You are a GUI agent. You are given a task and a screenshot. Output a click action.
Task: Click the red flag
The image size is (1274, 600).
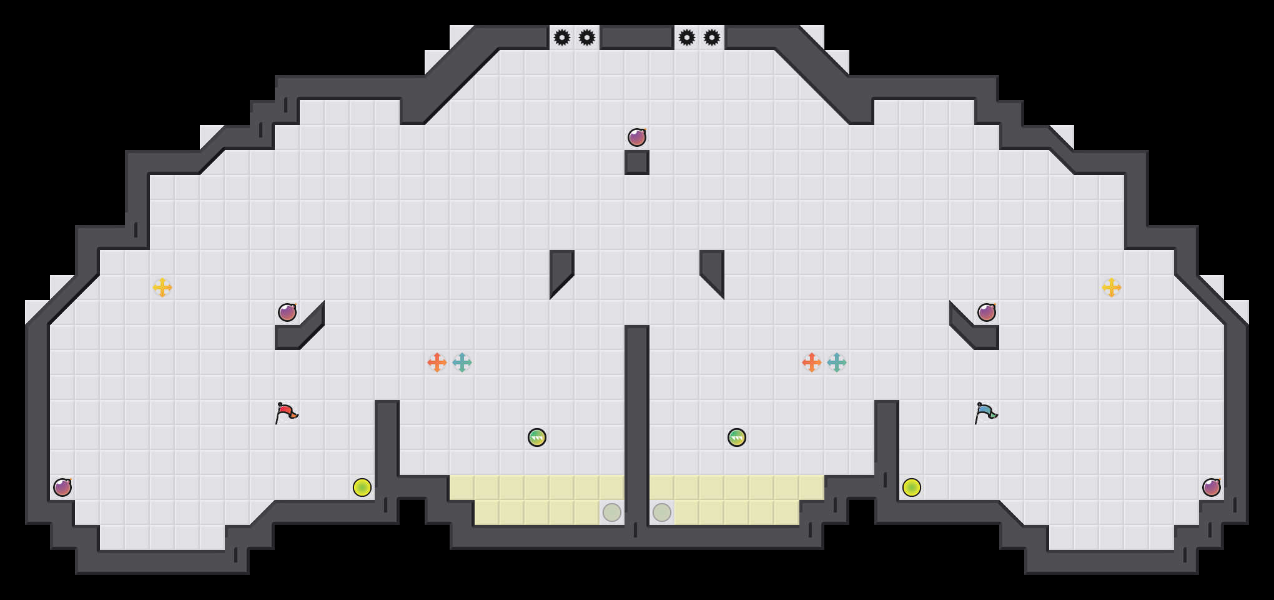(x=287, y=413)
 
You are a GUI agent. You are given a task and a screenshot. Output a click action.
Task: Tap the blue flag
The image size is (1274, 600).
(x=986, y=413)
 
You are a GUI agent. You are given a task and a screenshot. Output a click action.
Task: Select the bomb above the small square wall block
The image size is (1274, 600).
(x=637, y=137)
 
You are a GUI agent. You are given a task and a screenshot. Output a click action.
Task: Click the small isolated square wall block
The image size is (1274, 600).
(x=637, y=162)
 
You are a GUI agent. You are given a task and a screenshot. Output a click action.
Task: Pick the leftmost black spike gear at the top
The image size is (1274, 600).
(x=562, y=37)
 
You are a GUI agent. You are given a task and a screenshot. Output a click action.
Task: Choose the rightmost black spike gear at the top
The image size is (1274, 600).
(x=712, y=37)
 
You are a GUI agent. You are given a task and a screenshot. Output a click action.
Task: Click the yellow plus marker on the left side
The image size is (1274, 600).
(x=162, y=287)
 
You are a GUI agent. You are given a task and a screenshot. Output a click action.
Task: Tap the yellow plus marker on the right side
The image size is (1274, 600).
(x=1112, y=287)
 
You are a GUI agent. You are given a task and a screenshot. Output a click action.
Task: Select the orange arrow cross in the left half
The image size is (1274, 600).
(x=437, y=362)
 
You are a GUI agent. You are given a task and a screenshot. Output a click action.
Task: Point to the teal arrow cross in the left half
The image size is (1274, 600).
(x=462, y=362)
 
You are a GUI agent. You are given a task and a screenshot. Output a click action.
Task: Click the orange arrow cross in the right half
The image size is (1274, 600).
(x=812, y=362)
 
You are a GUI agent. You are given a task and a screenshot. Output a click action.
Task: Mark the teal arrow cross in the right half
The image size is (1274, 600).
(x=837, y=362)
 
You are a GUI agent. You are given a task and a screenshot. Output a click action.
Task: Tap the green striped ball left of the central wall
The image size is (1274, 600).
(x=537, y=437)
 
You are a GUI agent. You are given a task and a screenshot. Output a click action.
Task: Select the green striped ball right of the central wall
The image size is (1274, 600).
(x=737, y=437)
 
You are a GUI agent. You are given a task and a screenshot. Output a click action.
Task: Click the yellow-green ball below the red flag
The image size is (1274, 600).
(x=362, y=487)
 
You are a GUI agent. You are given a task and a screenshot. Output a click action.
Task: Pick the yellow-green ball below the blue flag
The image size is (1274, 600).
(x=912, y=487)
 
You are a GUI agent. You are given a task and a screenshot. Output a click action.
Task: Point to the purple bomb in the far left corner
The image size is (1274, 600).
(x=62, y=487)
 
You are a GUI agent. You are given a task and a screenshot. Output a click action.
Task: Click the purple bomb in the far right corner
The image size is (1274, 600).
(x=1212, y=487)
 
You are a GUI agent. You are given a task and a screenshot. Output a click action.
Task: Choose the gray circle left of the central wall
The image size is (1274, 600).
(x=612, y=512)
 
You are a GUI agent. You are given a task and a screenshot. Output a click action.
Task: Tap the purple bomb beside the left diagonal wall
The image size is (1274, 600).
(x=287, y=312)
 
